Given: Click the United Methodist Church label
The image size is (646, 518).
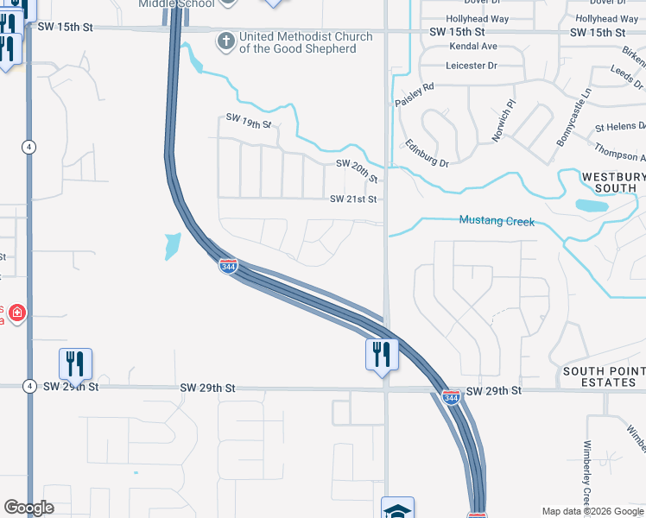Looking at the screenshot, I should click(x=306, y=42).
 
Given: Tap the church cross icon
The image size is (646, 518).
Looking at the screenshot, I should click(x=225, y=41).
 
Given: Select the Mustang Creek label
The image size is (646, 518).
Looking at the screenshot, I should click(x=497, y=222).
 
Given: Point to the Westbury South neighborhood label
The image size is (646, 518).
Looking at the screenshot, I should click(x=612, y=182).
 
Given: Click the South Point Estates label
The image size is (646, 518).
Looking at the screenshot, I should click(x=603, y=376).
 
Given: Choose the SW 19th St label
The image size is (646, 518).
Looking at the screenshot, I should click(x=249, y=121).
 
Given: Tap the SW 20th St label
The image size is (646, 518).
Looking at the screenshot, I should click(x=357, y=169).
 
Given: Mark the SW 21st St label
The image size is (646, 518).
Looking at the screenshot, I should click(x=353, y=199).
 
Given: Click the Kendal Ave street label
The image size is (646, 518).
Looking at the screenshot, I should click(x=472, y=46).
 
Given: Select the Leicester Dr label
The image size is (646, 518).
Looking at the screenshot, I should click(x=472, y=66).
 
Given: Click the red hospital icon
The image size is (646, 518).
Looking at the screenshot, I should click(x=16, y=313).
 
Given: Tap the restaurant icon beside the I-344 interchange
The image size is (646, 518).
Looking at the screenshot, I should click(x=381, y=354).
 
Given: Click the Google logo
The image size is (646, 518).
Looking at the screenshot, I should click(x=28, y=507).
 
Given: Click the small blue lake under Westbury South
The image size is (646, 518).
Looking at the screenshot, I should click(x=592, y=205).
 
